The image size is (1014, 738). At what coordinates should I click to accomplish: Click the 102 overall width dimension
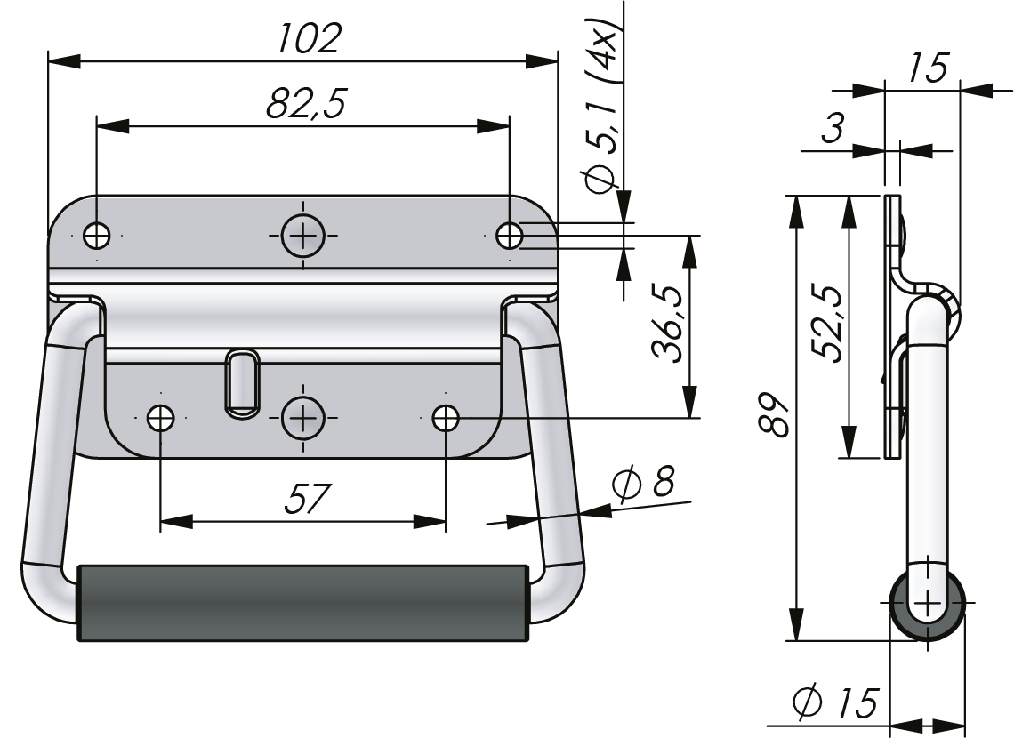[x=308, y=37]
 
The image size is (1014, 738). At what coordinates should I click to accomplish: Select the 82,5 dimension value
[x=305, y=103]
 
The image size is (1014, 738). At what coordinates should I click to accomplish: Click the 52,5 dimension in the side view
[x=826, y=323]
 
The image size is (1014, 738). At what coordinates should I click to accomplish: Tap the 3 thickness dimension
[x=831, y=130]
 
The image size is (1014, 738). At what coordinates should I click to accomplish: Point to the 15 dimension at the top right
[x=928, y=68]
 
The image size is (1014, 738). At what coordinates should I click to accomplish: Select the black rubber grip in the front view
[x=303, y=602]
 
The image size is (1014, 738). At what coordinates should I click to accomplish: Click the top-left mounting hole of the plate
[x=96, y=236]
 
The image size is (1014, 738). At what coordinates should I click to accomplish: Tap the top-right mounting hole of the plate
[x=510, y=236]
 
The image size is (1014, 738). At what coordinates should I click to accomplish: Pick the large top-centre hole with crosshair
[x=303, y=236]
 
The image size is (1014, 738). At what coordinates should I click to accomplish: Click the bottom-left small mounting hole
[x=160, y=417]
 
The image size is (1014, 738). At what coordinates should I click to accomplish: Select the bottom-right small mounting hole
[x=445, y=417]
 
